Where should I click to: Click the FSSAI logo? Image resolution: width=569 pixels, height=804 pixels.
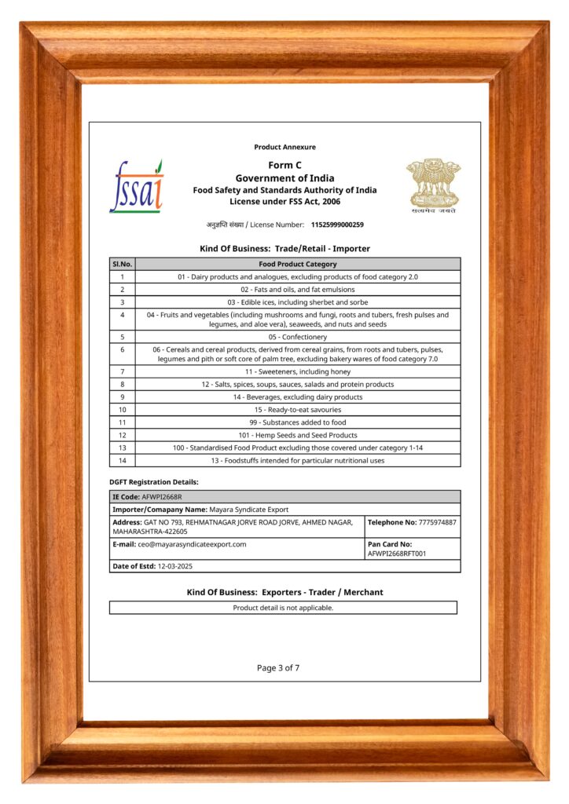(x=137, y=187)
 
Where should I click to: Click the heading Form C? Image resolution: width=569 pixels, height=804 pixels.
(x=284, y=165)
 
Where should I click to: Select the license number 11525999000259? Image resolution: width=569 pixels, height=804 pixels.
(x=337, y=225)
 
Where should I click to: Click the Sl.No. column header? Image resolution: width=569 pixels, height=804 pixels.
(x=122, y=264)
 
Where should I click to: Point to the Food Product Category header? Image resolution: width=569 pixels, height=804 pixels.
(x=297, y=264)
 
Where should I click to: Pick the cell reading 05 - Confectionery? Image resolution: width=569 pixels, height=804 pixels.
(x=297, y=337)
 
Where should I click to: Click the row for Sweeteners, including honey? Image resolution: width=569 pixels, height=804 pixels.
(x=297, y=371)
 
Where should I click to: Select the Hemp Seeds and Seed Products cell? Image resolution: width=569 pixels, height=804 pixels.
(x=297, y=435)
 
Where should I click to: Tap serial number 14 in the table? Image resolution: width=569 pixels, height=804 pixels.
(x=122, y=460)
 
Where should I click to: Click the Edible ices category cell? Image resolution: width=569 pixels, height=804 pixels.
(x=297, y=302)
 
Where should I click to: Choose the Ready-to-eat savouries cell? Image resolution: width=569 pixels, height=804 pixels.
(x=297, y=410)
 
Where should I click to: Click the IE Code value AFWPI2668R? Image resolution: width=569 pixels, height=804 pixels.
(x=162, y=497)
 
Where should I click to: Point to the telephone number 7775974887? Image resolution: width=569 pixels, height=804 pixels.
(x=437, y=522)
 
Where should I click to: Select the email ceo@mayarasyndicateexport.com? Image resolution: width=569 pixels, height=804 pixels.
(x=192, y=544)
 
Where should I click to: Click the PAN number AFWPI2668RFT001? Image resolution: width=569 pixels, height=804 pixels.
(x=397, y=554)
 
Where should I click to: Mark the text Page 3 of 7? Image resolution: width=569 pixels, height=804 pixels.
(x=278, y=668)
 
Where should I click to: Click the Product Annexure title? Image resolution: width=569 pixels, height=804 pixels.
(x=284, y=147)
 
